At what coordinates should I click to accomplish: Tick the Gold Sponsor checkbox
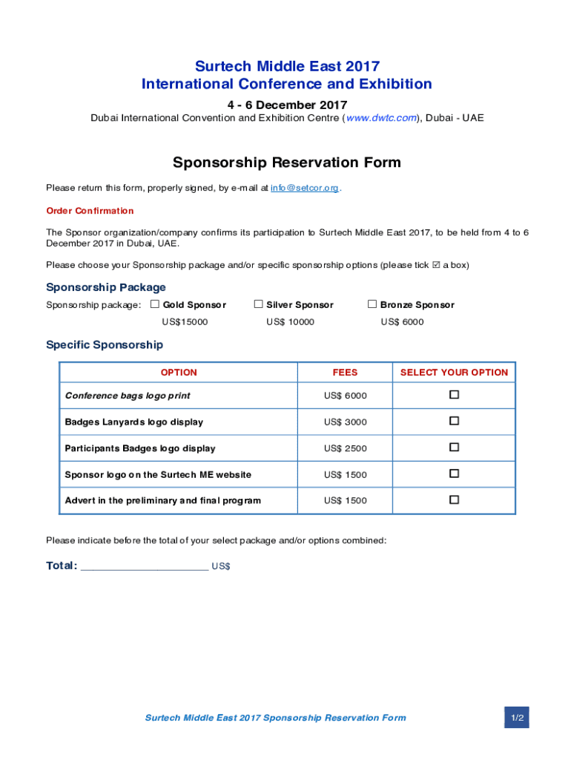click(155, 304)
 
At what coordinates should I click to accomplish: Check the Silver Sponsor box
click(259, 304)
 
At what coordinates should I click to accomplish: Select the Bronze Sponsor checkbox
click(372, 304)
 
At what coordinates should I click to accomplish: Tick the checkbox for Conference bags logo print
click(454, 395)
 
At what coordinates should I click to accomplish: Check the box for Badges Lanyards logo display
click(454, 421)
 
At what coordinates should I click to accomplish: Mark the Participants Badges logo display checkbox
click(454, 448)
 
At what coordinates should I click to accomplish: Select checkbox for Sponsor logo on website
click(454, 474)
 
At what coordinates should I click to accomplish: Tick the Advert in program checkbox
click(454, 499)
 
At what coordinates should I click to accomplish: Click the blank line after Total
click(144, 566)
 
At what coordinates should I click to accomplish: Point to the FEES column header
click(345, 373)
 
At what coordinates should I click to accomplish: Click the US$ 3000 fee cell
click(345, 422)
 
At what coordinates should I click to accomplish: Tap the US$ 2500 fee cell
click(345, 448)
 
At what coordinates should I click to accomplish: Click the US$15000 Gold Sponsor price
click(185, 322)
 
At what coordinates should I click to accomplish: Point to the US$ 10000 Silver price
click(290, 322)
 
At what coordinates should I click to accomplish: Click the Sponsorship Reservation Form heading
click(286, 163)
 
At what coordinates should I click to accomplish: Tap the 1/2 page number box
click(517, 718)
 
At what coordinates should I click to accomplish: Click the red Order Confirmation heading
click(90, 211)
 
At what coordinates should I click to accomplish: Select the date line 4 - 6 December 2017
click(286, 105)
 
